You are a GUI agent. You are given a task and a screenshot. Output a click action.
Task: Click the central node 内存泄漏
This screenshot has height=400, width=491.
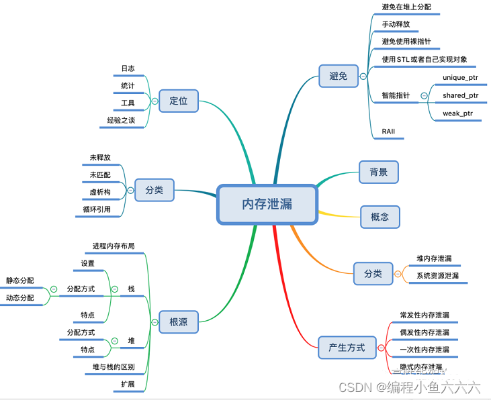coord(267,204)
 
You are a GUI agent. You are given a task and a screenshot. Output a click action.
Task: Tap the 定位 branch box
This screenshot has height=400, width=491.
coord(178,101)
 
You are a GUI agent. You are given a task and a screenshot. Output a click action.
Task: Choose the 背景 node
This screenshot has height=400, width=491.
coord(378,172)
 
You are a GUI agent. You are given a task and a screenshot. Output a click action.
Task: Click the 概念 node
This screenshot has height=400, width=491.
coord(380,217)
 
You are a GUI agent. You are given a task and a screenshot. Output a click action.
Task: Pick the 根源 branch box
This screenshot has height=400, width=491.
coord(178,322)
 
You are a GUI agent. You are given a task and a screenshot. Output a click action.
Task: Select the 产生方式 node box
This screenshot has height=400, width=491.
coord(347,348)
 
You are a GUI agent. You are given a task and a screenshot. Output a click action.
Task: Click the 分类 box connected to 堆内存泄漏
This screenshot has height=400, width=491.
coord(373,273)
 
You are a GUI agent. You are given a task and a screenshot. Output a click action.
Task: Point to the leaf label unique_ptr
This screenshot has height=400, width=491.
coord(460,78)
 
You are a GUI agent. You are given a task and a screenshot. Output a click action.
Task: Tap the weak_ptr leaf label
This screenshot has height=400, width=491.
coord(457,113)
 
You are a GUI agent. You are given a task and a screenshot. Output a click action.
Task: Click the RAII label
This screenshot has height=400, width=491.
coord(388,131)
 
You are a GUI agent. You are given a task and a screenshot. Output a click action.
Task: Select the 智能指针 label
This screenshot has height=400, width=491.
coord(396,95)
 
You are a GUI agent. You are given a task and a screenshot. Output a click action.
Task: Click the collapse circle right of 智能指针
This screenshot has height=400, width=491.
coord(424,95)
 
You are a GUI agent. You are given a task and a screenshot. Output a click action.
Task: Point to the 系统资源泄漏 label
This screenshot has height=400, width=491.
coord(437,276)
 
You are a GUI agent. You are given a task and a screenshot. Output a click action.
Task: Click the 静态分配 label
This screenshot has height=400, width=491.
coord(19,281)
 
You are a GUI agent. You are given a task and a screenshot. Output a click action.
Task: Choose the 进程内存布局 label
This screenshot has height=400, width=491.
coord(114,246)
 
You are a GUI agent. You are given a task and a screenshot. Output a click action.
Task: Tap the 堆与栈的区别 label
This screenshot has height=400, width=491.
coord(114,367)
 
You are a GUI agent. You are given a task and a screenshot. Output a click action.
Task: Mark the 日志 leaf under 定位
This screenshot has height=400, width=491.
coord(128,68)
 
